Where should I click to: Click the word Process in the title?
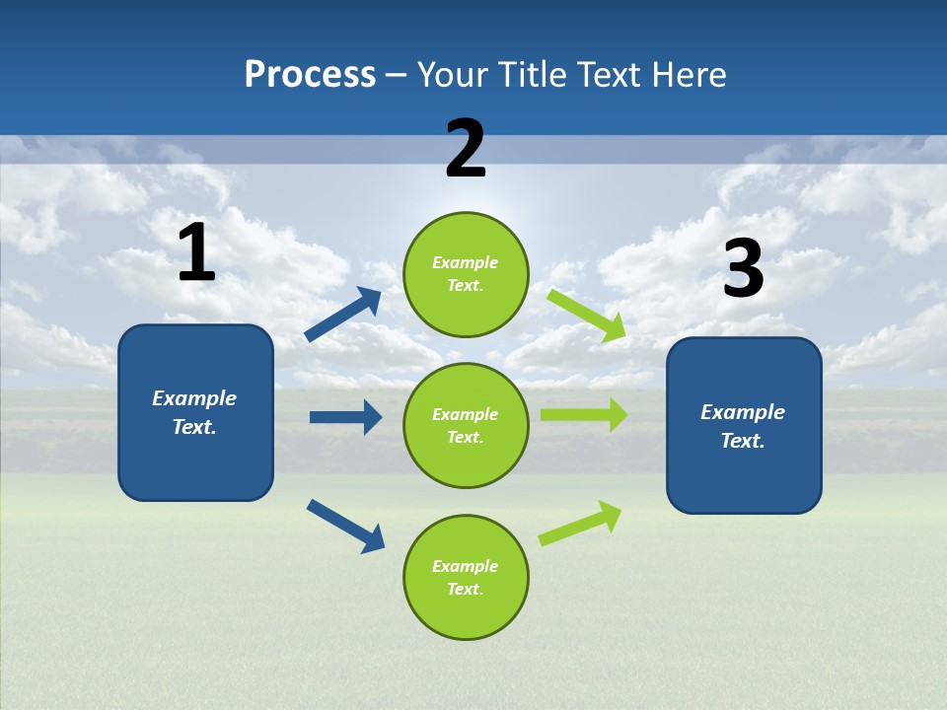pos(310,74)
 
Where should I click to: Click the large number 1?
pos(196,253)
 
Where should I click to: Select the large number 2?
pos(466,149)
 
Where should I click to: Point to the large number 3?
pos(744,269)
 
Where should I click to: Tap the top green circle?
pos(466,274)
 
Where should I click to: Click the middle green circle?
pos(466,425)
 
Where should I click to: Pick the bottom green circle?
pos(466,577)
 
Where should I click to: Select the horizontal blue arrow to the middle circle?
pos(346,417)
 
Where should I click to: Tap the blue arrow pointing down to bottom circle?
pos(346,526)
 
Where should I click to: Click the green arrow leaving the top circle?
pos(587,315)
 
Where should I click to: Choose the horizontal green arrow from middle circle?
pos(583,415)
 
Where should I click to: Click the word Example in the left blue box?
pos(194,398)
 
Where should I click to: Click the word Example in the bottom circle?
pos(465,566)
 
